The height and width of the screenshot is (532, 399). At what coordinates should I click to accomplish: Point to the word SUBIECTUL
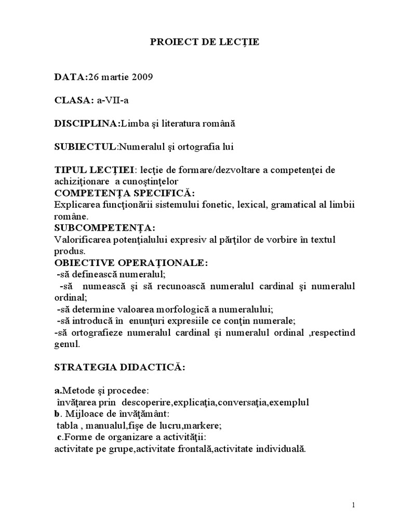coord(85,147)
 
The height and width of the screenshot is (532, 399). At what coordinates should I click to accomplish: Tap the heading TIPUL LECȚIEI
coord(93,170)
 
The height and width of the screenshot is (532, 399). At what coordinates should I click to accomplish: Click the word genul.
coord(65,344)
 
